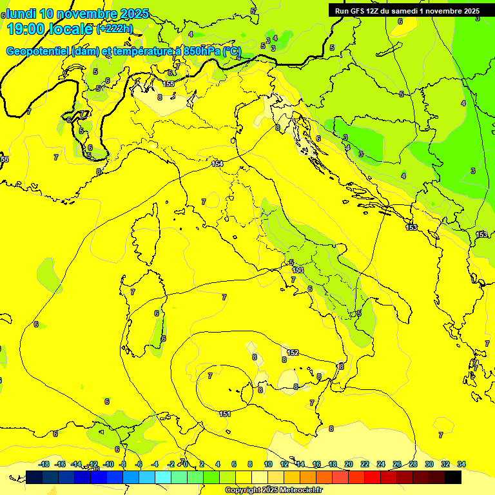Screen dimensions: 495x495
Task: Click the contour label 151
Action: (225, 414)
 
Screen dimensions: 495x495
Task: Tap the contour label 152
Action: (293, 353)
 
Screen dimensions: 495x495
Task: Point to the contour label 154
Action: (218, 164)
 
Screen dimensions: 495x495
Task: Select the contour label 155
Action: (168, 84)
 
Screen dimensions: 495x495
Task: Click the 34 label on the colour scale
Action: (461, 464)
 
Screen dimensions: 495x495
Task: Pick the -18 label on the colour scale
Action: (44, 464)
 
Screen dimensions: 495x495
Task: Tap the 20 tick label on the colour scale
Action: (349, 464)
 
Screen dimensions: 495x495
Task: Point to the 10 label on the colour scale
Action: (268, 464)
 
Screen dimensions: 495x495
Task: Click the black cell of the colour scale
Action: (453, 477)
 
